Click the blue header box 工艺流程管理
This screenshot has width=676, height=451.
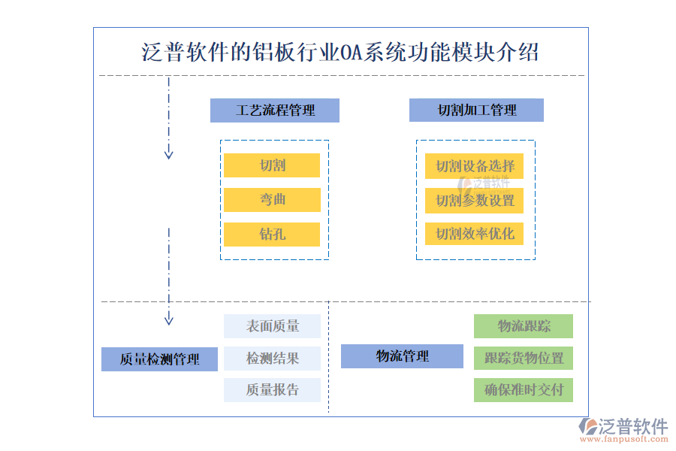point(275,110)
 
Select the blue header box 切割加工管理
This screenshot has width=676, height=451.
point(476,110)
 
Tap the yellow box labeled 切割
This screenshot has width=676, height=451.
point(272,165)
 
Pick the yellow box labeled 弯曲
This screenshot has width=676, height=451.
point(272,200)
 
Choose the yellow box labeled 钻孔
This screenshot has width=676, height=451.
point(272,234)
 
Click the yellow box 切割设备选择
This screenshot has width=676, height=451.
point(475,166)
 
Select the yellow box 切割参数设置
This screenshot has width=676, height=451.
point(475,201)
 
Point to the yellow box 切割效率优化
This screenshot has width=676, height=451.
point(475,234)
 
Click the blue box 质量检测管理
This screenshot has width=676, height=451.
point(159,359)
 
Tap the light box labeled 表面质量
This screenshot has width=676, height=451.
point(272,326)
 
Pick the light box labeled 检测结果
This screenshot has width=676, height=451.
point(272,359)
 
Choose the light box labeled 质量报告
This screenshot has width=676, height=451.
point(272,390)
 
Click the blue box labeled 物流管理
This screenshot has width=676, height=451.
point(402,356)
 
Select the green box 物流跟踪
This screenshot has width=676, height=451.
point(524,326)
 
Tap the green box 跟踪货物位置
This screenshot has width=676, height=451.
point(524,359)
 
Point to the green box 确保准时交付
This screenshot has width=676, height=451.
point(524,390)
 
